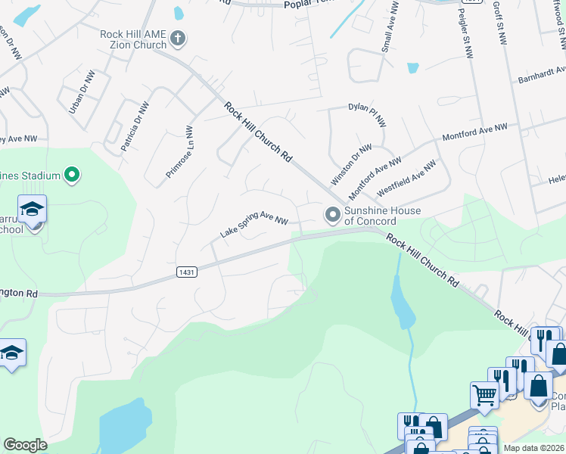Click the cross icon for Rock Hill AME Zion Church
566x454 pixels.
coord(178,38)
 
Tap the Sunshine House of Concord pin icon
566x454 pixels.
coord(332,216)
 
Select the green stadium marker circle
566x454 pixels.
coord(72,176)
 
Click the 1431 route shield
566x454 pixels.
coord(188,272)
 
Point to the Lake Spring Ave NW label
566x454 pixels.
coord(254,226)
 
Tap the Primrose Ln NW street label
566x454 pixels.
coord(180,152)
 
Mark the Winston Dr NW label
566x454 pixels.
coord(352,165)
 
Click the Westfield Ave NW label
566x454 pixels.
coord(407,176)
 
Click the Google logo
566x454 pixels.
coord(25,445)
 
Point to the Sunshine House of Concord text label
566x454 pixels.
coord(371,216)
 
